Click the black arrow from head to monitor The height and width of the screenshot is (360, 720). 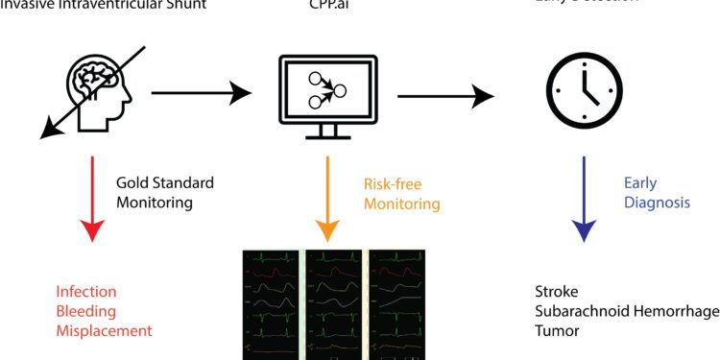[202, 94]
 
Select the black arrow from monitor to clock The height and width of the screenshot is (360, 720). [446, 95]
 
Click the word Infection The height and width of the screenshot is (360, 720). [85, 292]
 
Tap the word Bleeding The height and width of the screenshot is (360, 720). [84, 311]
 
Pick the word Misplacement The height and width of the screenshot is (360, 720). [104, 330]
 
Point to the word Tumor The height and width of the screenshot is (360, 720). [556, 330]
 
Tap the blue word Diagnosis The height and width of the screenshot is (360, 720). [657, 203]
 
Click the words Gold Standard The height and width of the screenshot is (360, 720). [165, 182]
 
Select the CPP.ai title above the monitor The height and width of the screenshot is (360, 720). [326, 4]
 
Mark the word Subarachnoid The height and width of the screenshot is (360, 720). [579, 311]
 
